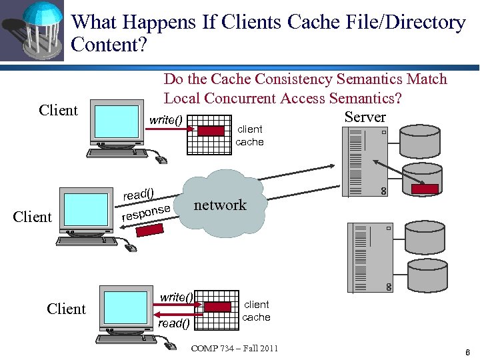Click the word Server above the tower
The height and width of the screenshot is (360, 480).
pos(365,117)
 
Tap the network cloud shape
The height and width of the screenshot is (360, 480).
pos(220,205)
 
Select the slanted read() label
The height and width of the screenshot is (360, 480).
pos(138,194)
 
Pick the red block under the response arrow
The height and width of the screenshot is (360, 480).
pos(150,230)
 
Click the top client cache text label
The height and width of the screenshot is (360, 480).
pos(250,135)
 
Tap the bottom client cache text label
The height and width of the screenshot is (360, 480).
pos(256,311)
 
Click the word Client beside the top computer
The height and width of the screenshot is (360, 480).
pos(59,111)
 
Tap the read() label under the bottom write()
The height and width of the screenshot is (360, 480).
pos(174,323)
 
